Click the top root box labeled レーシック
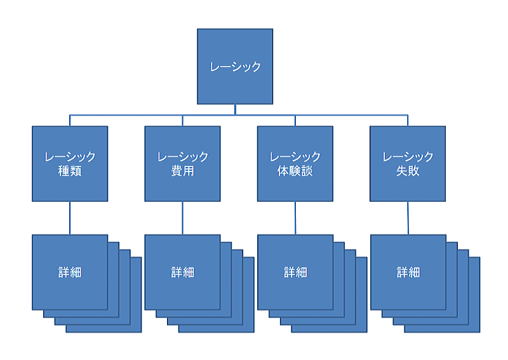235,66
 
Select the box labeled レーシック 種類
70,163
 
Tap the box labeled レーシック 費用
182,163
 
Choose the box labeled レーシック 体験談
295,163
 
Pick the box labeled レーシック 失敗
408,163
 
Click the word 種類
70,171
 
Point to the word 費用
182,171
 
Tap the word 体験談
295,171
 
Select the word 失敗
408,171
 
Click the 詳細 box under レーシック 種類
70,272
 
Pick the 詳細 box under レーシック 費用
182,272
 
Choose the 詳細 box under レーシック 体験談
295,272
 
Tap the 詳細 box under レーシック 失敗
408,272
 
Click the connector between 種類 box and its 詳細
70,218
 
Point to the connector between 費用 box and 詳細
182,218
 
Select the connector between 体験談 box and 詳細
295,218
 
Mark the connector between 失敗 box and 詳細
408,218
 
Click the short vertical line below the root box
235,109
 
